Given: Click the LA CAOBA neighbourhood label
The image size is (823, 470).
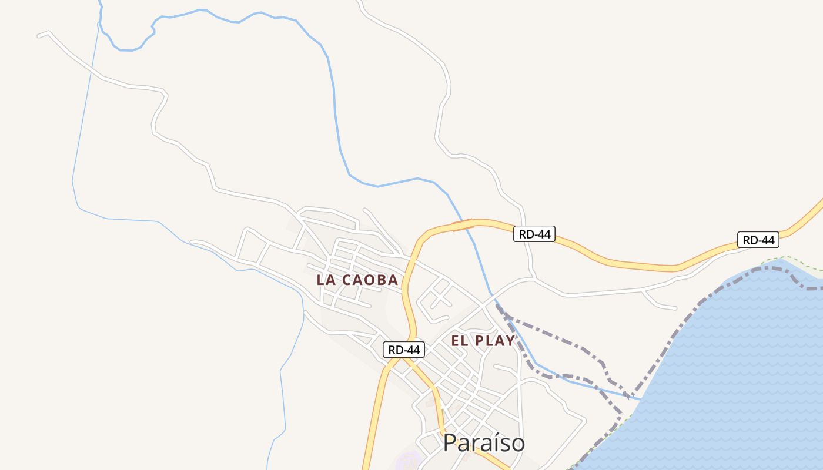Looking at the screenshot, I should (357, 280).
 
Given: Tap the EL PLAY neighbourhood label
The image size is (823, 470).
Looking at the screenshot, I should (483, 341).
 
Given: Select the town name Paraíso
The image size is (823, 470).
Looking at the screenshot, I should (484, 443).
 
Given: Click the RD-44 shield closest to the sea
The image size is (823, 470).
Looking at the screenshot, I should (758, 240).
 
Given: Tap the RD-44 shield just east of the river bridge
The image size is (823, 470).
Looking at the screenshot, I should (534, 234).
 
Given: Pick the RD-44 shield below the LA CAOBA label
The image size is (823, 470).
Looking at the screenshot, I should (404, 350).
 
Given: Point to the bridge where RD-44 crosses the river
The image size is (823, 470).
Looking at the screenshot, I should (463, 224).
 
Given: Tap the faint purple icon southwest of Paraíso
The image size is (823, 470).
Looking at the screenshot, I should (407, 461).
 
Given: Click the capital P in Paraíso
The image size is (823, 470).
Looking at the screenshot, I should (450, 443).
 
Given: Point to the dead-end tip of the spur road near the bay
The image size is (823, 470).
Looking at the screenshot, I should (676, 307).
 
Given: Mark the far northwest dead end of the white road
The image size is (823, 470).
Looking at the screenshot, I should (38, 36).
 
